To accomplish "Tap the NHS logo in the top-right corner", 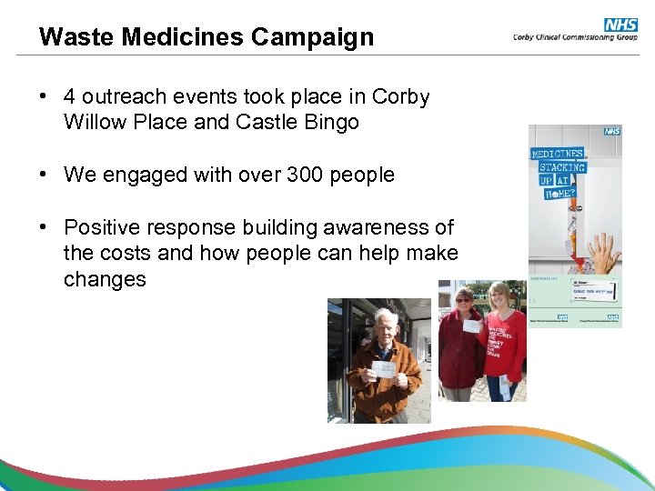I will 620,25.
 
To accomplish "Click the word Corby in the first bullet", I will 401,96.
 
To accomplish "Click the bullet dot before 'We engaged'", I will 44,175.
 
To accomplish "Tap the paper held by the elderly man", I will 383,369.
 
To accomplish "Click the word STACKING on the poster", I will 561,167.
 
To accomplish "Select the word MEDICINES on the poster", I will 558,154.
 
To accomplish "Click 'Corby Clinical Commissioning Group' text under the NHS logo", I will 575,37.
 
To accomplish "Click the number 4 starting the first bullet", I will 70,96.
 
